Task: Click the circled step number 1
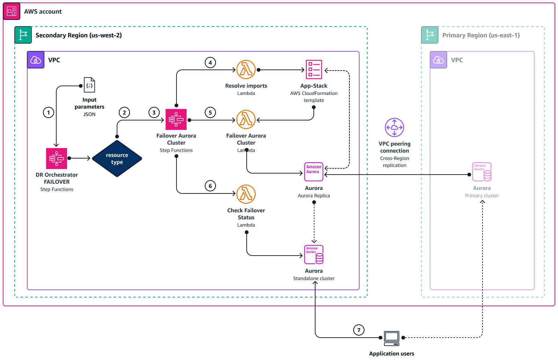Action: click(49, 112)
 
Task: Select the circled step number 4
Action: click(210, 63)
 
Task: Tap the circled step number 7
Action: click(358, 330)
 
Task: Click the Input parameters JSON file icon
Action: click(89, 85)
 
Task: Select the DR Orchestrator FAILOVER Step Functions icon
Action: click(57, 158)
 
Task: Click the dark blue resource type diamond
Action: click(117, 159)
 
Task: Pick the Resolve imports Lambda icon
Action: click(246, 69)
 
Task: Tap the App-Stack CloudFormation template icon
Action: click(314, 69)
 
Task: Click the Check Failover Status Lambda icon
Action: click(246, 194)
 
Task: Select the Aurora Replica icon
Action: click(314, 172)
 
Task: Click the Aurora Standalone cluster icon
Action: click(314, 255)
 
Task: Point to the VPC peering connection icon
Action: click(394, 127)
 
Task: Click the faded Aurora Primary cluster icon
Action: click(482, 172)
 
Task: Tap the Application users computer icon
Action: click(391, 338)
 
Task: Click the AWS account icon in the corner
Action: click(12, 11)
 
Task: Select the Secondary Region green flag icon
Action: click(23, 35)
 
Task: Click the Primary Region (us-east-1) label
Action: click(481, 35)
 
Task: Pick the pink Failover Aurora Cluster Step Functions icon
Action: click(176, 119)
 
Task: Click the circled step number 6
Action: click(210, 186)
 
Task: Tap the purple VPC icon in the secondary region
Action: click(36, 60)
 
